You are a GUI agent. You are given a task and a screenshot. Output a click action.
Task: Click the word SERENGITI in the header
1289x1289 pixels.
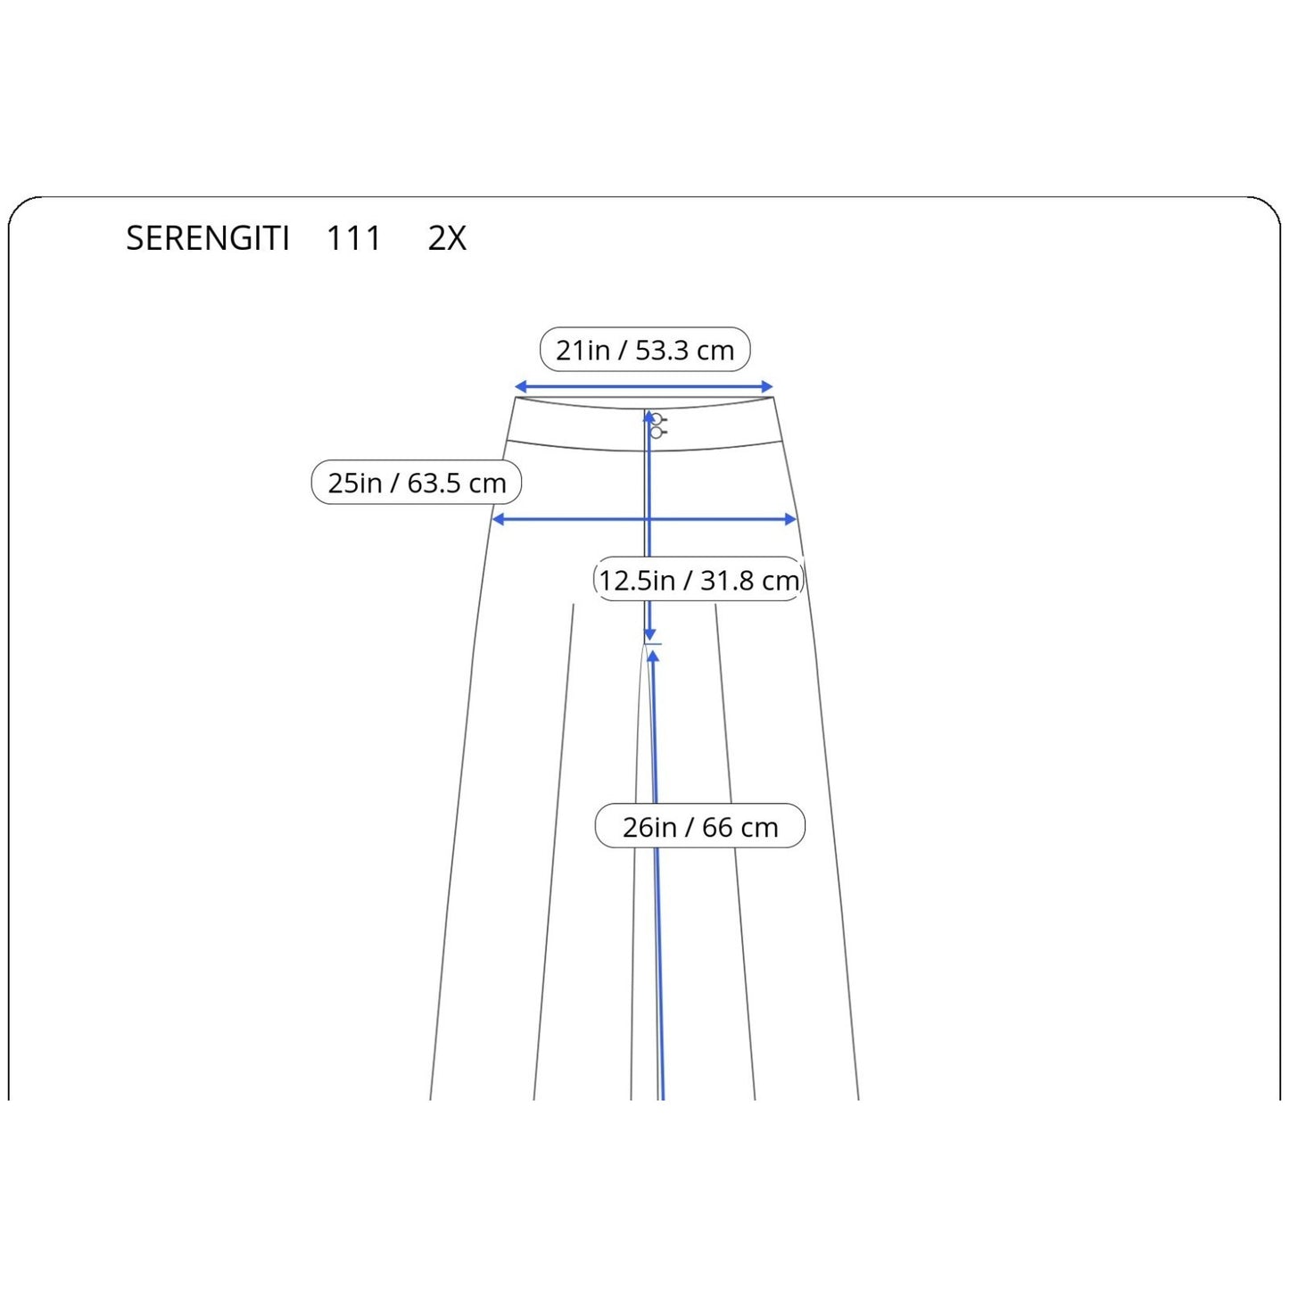[207, 238]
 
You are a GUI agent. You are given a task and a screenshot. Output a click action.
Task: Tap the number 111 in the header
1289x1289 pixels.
[354, 238]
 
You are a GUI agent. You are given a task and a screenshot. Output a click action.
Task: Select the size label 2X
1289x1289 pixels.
[447, 238]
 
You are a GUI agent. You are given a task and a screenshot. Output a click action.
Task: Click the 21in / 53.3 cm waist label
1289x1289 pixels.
[645, 349]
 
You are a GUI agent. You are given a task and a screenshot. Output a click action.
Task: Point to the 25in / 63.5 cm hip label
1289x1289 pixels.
[416, 483]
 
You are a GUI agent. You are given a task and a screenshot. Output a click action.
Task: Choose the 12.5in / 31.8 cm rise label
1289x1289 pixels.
[699, 579]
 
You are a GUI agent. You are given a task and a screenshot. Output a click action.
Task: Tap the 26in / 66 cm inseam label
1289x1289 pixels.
[699, 827]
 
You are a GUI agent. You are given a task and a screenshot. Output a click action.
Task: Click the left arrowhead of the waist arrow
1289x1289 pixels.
[521, 386]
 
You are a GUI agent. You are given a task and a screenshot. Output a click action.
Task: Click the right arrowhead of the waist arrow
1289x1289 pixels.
[767, 386]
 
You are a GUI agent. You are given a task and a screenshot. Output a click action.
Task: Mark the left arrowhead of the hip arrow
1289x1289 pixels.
[499, 519]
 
